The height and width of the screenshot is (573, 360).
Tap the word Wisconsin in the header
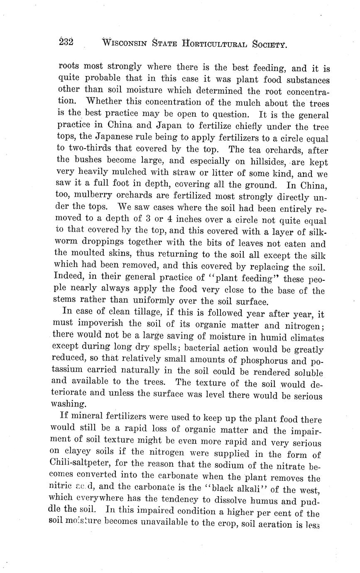tap(125, 42)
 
